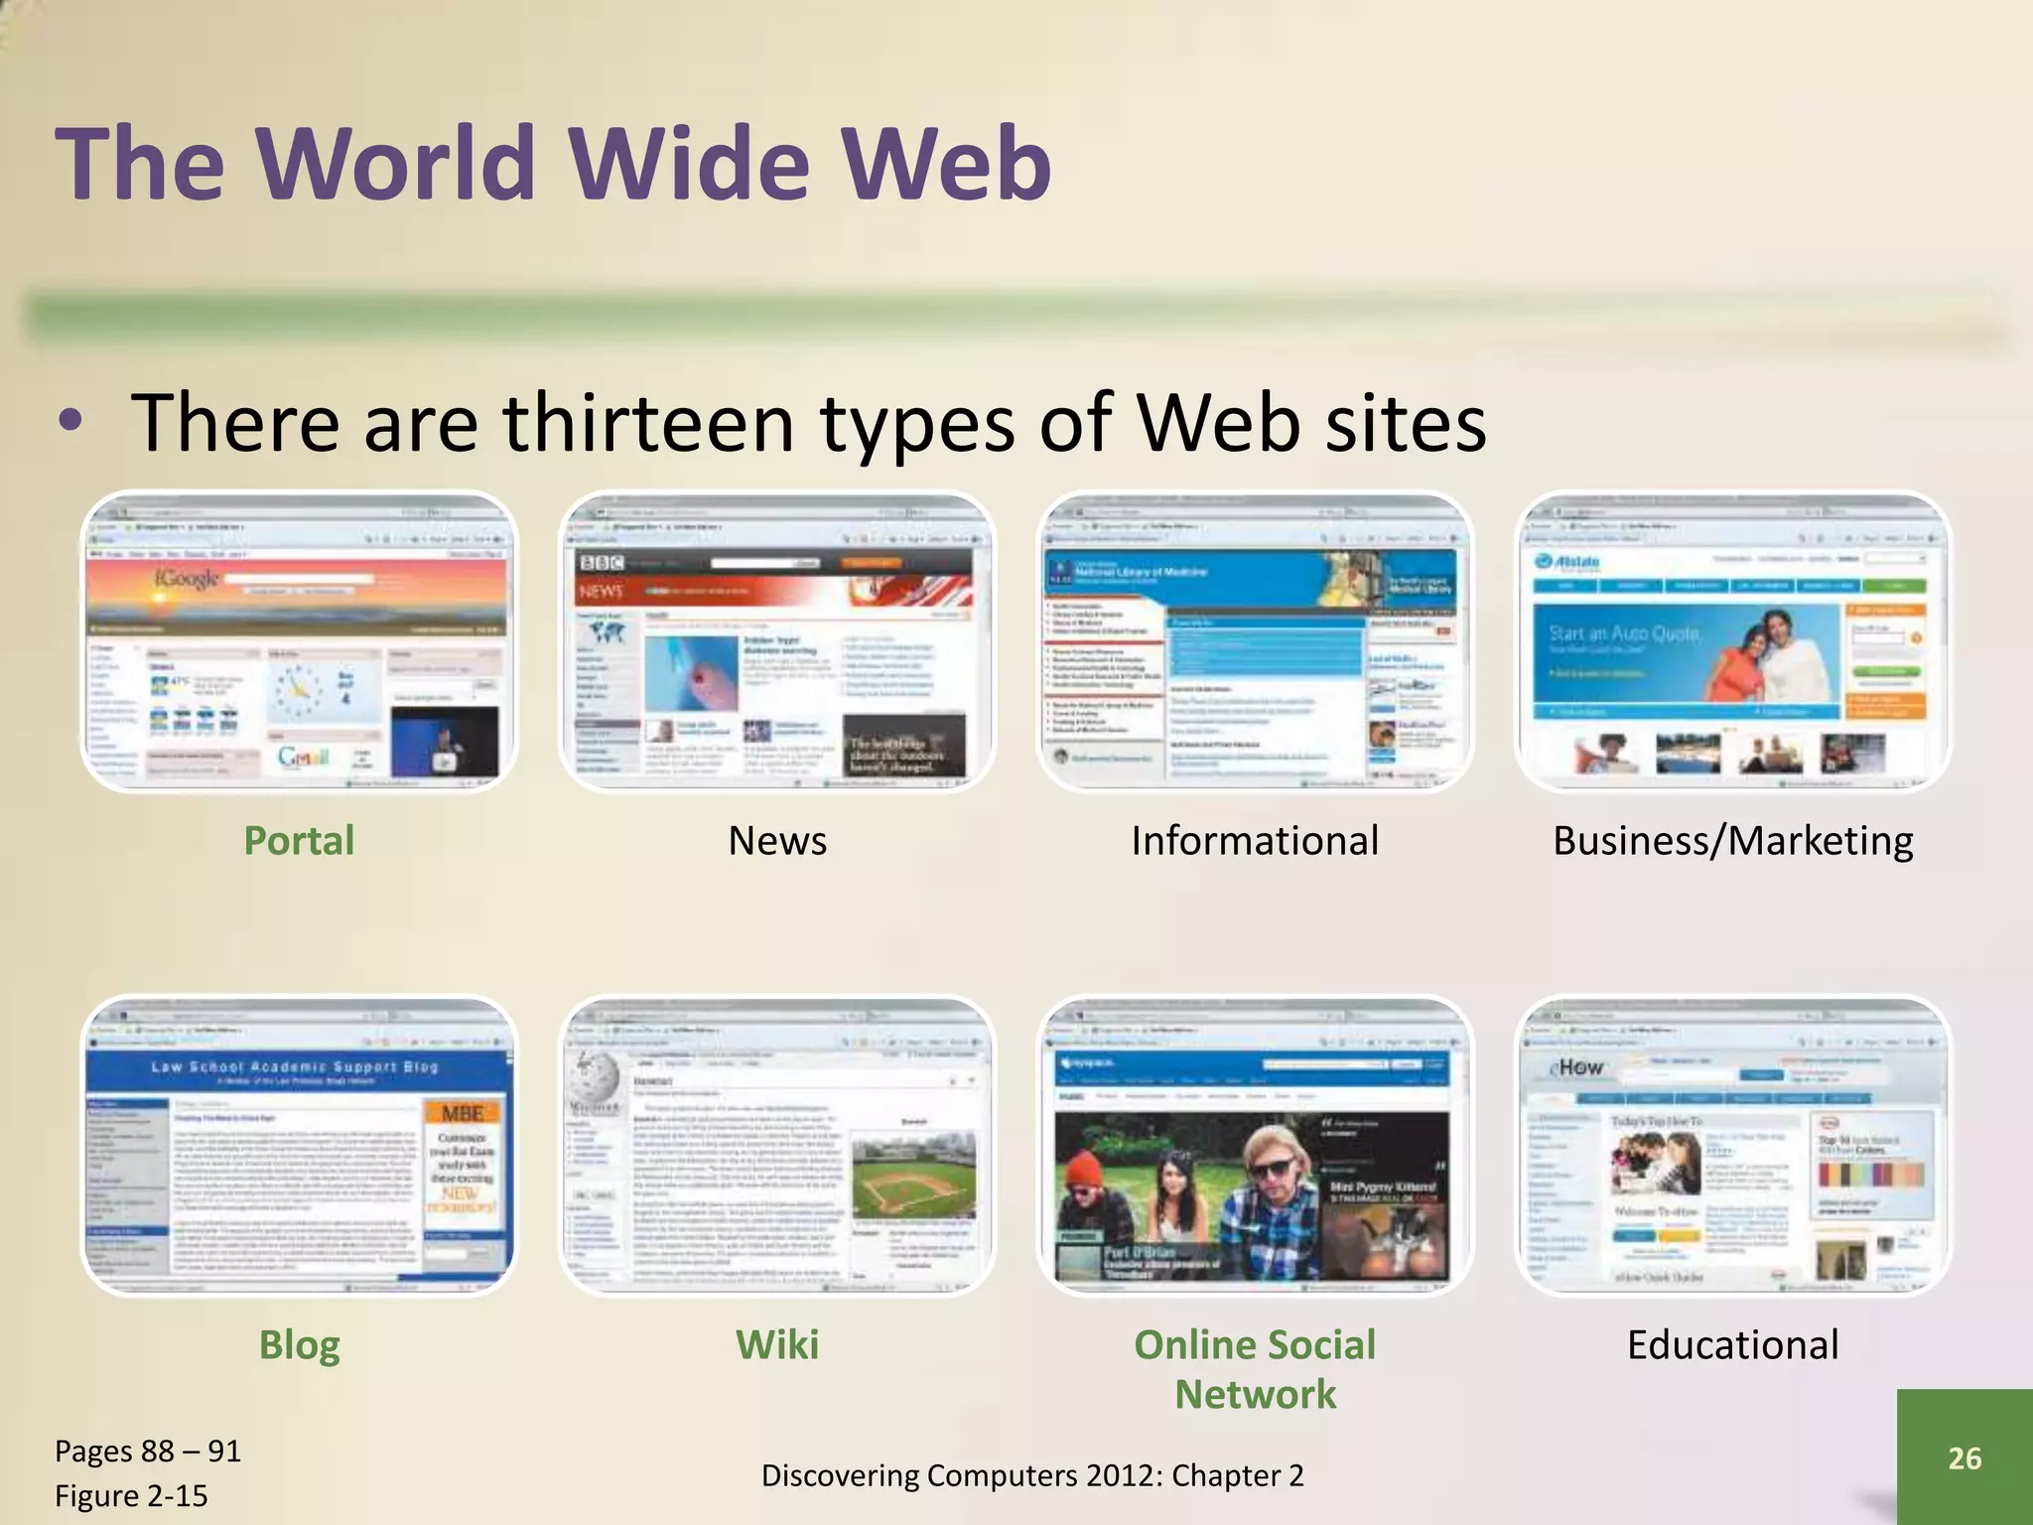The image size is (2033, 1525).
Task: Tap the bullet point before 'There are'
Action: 69,421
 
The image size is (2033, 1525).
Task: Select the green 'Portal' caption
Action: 299,841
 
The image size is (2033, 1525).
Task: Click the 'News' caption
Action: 777,841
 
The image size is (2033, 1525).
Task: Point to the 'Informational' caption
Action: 1255,841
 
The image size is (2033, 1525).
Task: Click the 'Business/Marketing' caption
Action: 1732,841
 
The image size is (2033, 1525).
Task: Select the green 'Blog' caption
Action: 299,1345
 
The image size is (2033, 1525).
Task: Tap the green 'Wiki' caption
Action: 777,1345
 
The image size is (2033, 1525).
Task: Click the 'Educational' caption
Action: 1732,1345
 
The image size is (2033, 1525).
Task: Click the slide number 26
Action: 1965,1457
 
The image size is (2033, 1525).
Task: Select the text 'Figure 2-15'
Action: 131,1496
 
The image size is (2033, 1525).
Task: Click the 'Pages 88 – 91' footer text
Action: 148,1452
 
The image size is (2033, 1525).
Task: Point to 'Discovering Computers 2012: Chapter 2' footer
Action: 1032,1475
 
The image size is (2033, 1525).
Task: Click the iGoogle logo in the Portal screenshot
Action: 186,578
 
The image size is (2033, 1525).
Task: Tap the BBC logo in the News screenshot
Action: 602,563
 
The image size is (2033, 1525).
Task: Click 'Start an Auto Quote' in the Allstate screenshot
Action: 1625,633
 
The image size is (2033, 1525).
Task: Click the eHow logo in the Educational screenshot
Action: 1577,1067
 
